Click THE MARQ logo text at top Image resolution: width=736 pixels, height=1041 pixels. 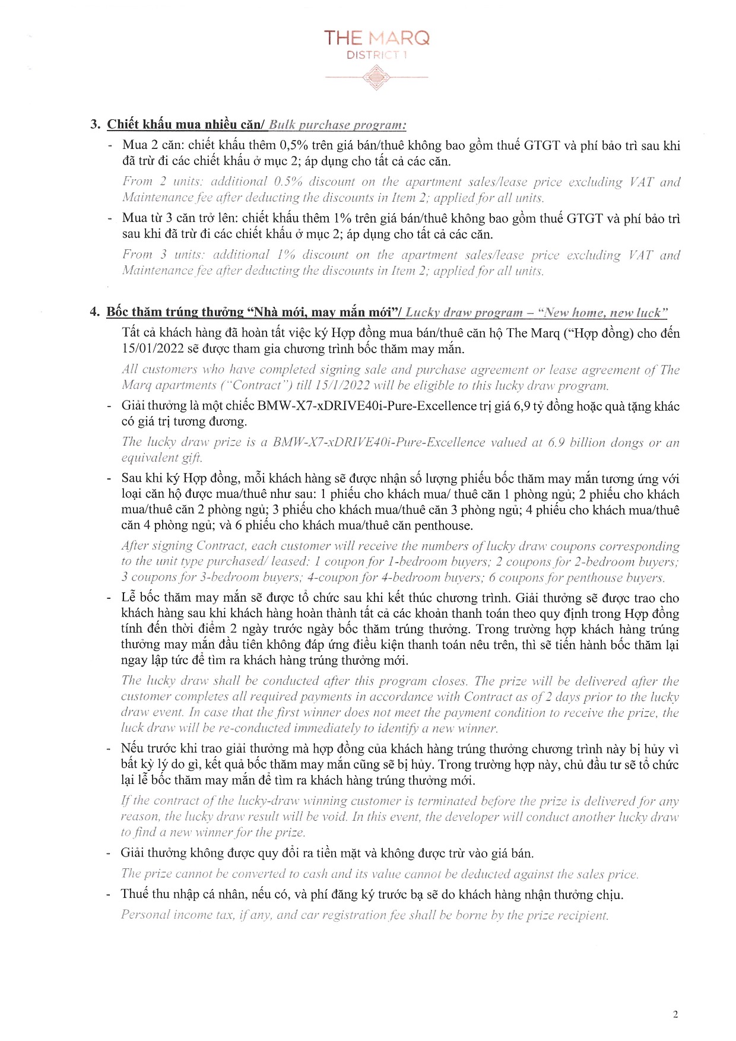tap(376, 39)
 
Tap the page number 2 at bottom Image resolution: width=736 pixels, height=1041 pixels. tap(675, 1014)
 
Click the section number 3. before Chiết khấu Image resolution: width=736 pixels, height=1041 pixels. tap(95, 125)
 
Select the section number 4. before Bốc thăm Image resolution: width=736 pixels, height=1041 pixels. tap(95, 312)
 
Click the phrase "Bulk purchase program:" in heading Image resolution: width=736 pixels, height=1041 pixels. tap(337, 125)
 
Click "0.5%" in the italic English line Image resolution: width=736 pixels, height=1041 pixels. tap(288, 182)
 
